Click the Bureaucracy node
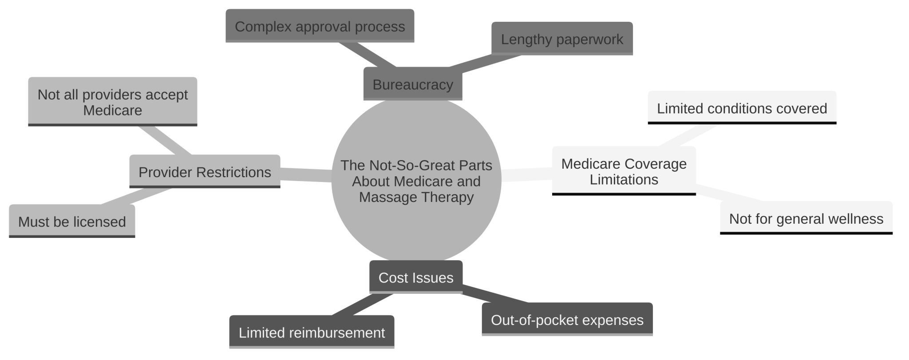pos(413,84)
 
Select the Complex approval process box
pos(320,26)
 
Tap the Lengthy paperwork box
pos(562,39)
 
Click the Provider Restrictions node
pos(205,172)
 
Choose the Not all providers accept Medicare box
pos(112,102)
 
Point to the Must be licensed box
pos(72,221)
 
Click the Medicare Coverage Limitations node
pos(624,171)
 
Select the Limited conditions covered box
pos(742,108)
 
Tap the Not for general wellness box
pos(806,218)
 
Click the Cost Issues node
pos(416,277)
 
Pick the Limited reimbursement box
pos(312,332)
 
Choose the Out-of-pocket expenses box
pos(567,320)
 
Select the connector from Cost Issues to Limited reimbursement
pos(362,305)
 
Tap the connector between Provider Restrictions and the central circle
pos(306,174)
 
